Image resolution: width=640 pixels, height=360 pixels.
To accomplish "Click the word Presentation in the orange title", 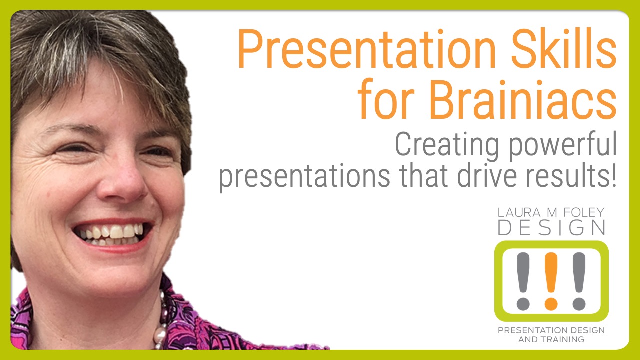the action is pos(366,49).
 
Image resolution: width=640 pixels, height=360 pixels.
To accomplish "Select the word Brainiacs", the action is pos(523,99).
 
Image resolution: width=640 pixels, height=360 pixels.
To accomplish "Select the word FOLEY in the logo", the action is pos(584,212).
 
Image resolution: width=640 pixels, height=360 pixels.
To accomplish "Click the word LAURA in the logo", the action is pos(519,212).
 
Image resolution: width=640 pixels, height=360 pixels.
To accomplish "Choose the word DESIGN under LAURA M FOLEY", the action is pos(551,227).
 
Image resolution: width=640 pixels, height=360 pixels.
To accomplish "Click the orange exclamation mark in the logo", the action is pos(551,281).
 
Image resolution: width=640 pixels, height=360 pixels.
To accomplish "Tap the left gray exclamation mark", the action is pos(523,281).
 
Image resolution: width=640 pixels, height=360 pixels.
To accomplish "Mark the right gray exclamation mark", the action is pos(579,281).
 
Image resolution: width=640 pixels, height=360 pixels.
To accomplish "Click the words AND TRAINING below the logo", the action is pos(551,339).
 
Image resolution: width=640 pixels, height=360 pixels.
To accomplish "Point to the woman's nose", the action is pos(123,180).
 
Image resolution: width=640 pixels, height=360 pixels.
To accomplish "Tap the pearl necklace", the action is pos(161,323).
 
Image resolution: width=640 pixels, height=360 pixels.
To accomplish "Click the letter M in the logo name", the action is pos(552,212).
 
